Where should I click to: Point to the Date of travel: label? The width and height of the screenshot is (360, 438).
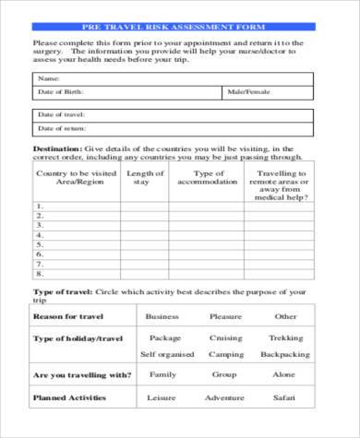pos(61,114)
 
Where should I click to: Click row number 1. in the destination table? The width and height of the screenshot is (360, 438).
pos(39,206)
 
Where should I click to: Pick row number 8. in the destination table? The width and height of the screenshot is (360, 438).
pos(39,274)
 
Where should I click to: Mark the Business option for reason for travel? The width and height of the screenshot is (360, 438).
pos(162,316)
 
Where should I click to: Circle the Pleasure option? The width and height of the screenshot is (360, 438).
pos(225,316)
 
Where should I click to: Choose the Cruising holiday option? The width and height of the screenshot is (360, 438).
pos(225,337)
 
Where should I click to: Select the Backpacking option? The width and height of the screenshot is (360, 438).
pos(285,354)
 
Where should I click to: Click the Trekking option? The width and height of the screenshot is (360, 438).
pos(285,337)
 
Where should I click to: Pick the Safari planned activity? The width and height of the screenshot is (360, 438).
pos(285,398)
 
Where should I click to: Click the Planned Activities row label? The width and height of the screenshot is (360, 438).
pos(70,398)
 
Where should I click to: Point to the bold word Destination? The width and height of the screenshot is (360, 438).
pos(57,148)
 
